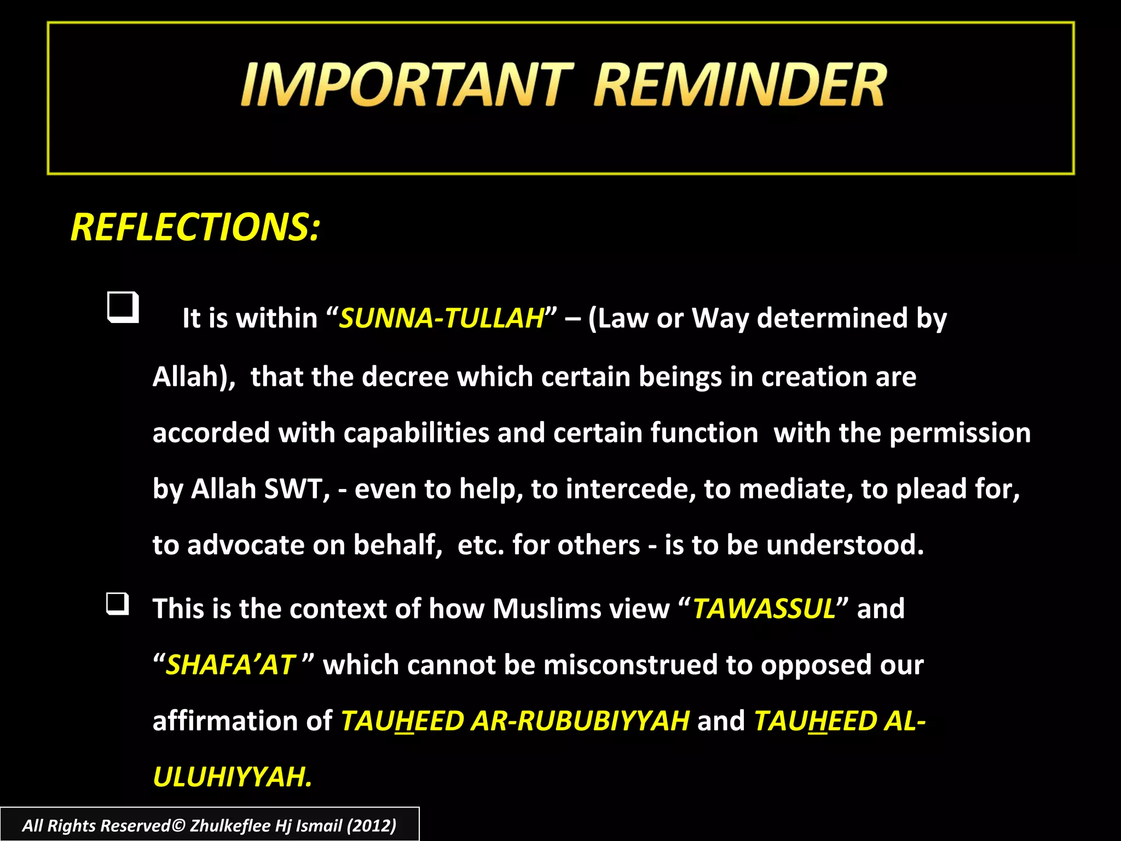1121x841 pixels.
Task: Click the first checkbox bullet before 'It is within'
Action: pyautogui.click(x=123, y=308)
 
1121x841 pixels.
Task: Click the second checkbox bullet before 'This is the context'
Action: pyautogui.click(x=118, y=604)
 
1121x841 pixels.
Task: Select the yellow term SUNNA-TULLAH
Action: pyautogui.click(x=441, y=319)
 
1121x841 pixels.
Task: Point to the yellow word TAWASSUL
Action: pyautogui.click(x=764, y=609)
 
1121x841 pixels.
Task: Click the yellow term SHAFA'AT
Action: pyautogui.click(x=230, y=665)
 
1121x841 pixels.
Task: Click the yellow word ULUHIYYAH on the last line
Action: pyautogui.click(x=232, y=777)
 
